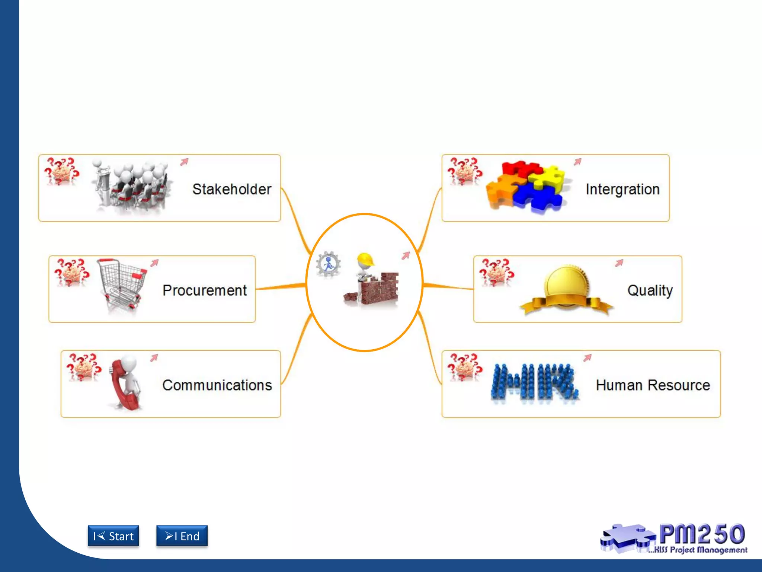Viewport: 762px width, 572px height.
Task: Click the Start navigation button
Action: [113, 536]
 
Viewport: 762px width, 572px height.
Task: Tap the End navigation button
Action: [182, 536]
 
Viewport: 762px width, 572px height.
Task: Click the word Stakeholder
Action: [232, 189]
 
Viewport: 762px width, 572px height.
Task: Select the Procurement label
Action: [205, 290]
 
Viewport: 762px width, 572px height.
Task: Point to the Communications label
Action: [217, 385]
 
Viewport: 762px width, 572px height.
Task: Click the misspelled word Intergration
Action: [622, 189]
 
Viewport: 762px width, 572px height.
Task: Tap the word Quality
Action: [650, 290]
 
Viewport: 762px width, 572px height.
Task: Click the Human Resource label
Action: [653, 385]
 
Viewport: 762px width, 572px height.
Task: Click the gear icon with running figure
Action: [328, 264]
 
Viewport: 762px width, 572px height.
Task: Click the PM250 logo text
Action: [702, 534]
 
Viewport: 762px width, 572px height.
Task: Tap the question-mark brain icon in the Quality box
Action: [496, 272]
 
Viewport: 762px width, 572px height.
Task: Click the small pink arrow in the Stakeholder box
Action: [185, 162]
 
